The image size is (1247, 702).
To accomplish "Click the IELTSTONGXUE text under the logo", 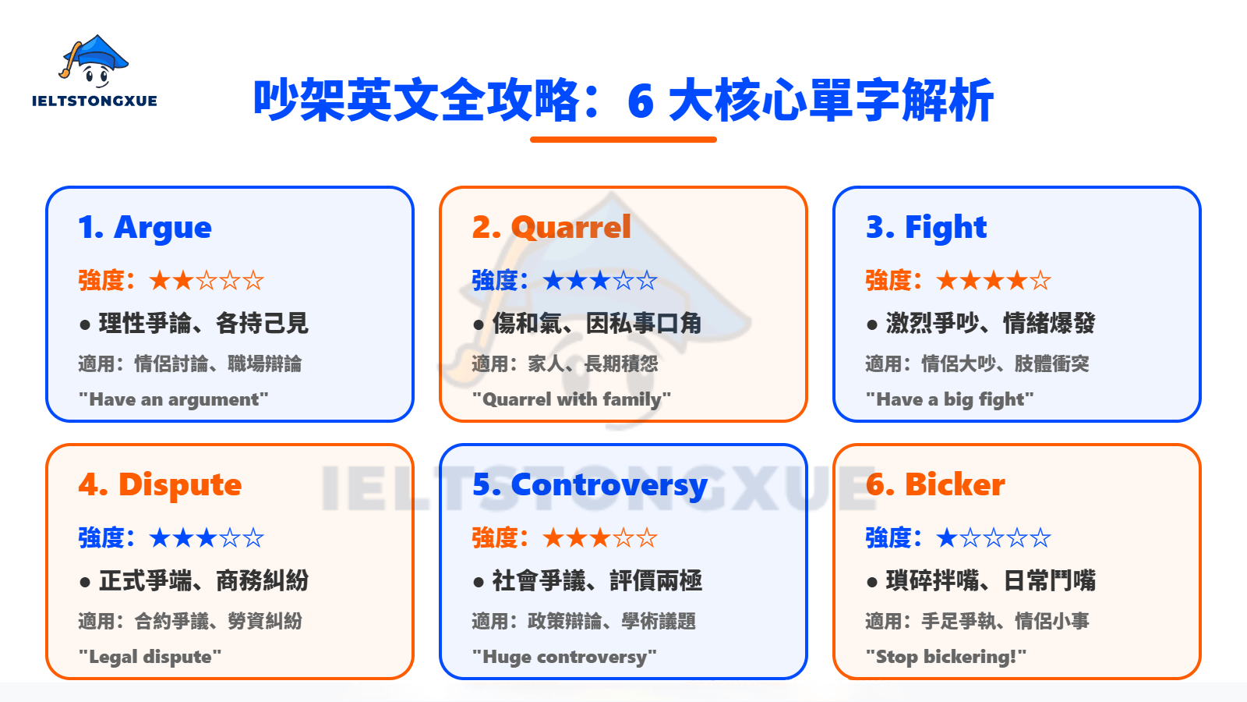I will click(94, 101).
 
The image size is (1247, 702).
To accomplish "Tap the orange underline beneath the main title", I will click(623, 140).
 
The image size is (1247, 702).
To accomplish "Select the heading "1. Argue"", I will click(145, 228).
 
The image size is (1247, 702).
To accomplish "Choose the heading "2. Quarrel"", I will click(551, 228).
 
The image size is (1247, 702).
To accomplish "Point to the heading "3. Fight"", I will click(926, 228).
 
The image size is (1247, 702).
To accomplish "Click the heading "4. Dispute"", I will click(160, 485).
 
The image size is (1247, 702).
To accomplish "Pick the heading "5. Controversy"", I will click(589, 485).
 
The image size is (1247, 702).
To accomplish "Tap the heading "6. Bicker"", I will click(935, 485).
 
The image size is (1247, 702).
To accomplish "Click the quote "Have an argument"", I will click(173, 399).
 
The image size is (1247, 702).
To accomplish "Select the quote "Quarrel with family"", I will click(571, 399).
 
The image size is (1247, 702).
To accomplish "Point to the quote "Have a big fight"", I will click(949, 399).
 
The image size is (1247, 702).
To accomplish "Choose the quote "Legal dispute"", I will click(150, 657).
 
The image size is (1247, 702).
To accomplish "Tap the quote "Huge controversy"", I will click(564, 657).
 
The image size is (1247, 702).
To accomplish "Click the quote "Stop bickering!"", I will click(946, 657).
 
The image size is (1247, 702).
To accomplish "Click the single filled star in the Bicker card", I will click(947, 537).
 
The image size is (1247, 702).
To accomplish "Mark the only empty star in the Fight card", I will click(1040, 280).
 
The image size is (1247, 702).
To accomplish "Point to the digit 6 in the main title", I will click(640, 101).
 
